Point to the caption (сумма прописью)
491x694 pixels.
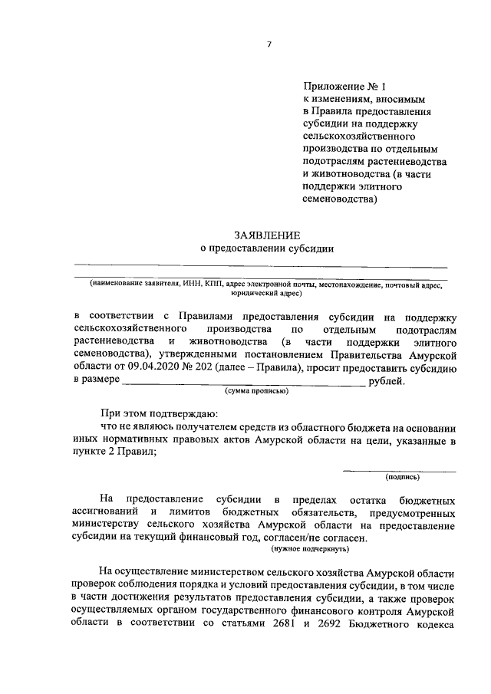pyautogui.click(x=256, y=391)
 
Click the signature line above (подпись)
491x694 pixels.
pyautogui.click(x=398, y=469)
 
